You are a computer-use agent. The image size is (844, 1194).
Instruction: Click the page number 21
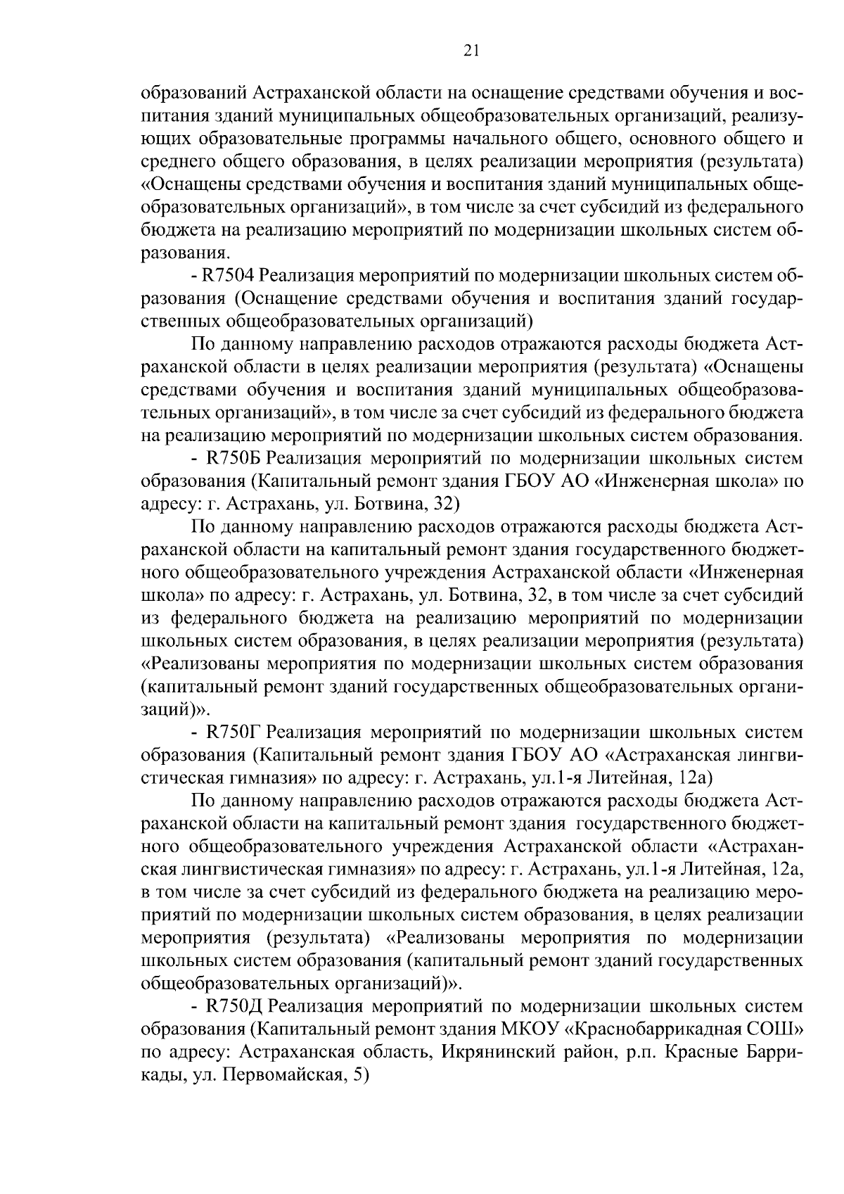click(x=471, y=49)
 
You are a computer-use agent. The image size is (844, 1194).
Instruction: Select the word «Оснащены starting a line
click(x=187, y=185)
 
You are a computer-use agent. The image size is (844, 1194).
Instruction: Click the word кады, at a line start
click(x=162, y=1076)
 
